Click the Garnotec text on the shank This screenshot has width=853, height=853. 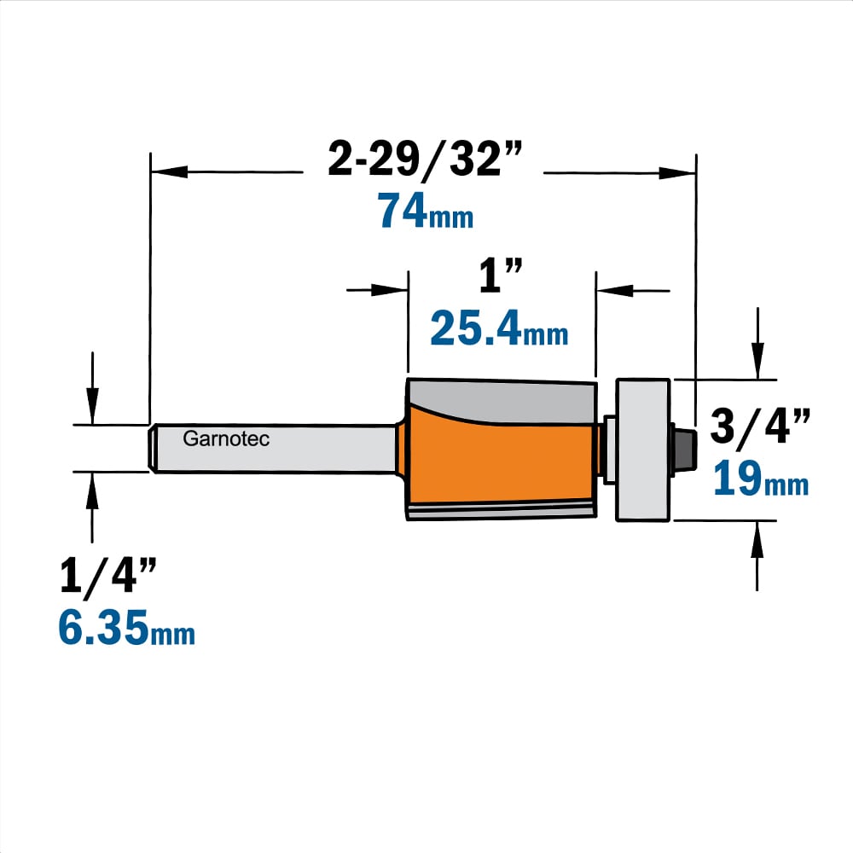(x=226, y=438)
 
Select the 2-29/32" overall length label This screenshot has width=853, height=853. (x=424, y=159)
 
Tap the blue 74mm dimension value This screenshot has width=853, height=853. (x=426, y=211)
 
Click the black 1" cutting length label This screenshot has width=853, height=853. (x=501, y=276)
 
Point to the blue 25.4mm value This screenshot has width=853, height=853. (x=499, y=328)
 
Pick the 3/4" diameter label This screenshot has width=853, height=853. (x=760, y=426)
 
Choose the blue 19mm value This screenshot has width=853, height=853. (x=761, y=479)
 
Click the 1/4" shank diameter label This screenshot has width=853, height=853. (x=107, y=576)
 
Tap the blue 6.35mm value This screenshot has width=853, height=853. (x=126, y=628)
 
